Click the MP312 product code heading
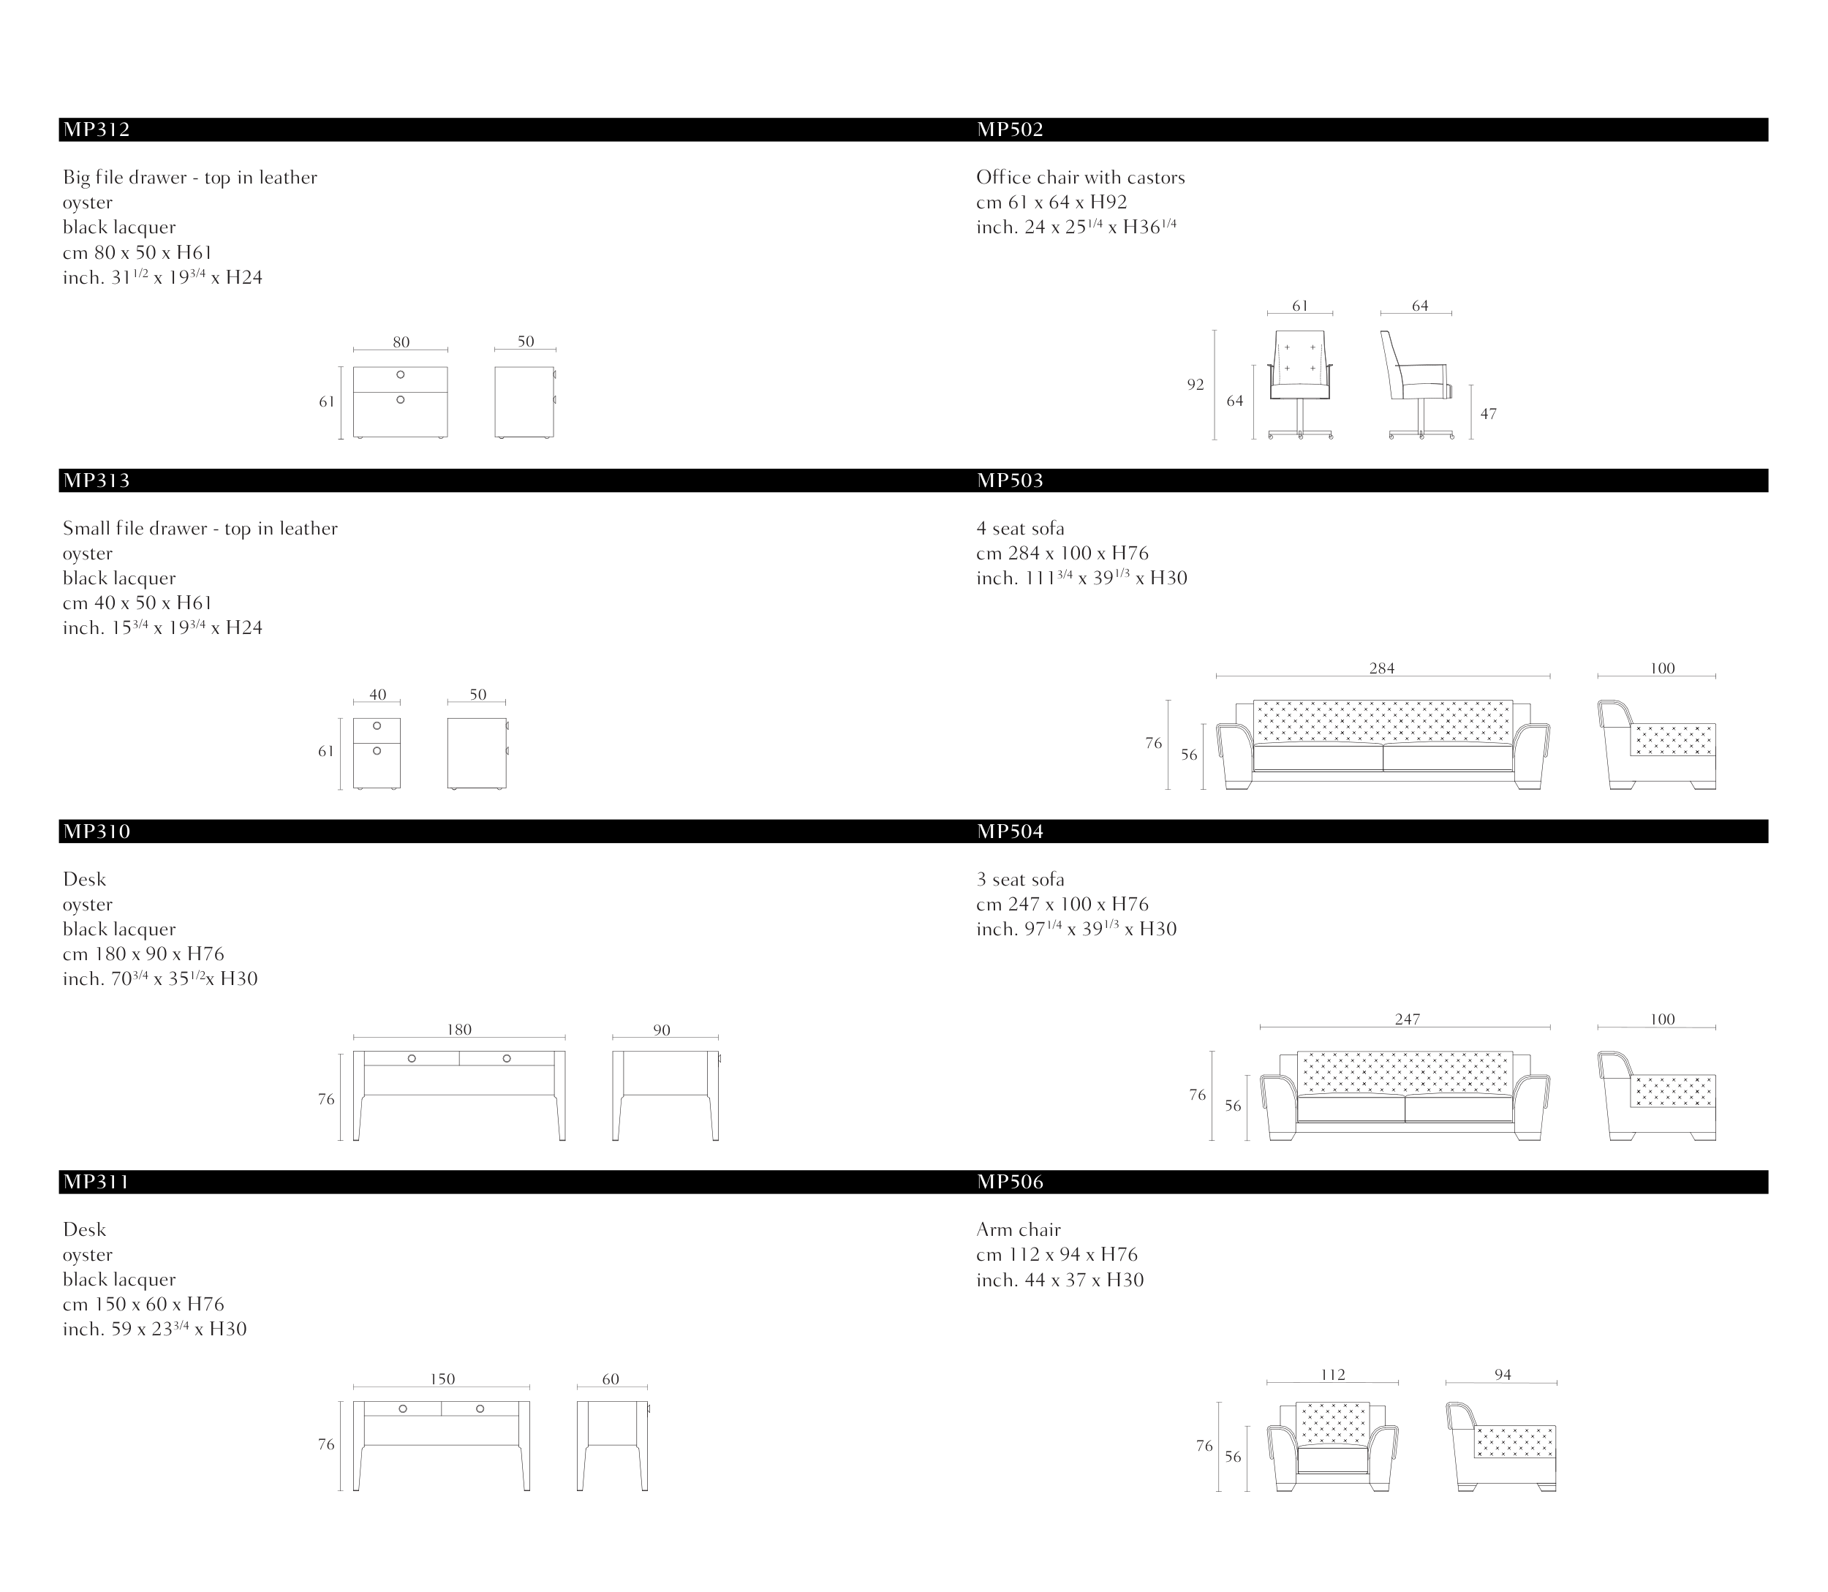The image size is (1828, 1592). [97, 129]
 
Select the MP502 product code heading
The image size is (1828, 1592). [1010, 129]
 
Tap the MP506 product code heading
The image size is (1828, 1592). [1010, 1182]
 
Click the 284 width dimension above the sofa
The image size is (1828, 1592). [1381, 669]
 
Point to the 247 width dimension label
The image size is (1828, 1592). [1407, 1020]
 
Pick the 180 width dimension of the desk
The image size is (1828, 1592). [459, 1030]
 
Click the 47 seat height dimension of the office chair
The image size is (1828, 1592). [1488, 414]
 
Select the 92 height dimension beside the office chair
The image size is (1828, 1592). [1196, 385]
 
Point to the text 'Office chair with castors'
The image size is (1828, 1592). [1080, 178]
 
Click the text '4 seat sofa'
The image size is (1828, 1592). [1020, 529]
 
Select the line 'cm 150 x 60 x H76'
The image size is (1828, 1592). [143, 1304]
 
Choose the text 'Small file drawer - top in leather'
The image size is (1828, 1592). [200, 529]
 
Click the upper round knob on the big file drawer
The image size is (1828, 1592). [401, 375]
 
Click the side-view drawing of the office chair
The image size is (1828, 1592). [1418, 385]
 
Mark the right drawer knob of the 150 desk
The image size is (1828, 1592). [480, 1409]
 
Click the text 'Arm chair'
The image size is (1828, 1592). [1018, 1229]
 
